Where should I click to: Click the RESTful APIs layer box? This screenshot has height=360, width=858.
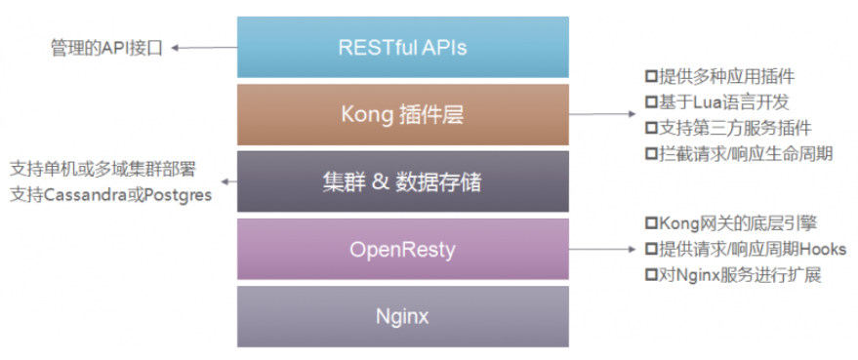(403, 47)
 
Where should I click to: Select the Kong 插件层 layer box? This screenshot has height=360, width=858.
(403, 114)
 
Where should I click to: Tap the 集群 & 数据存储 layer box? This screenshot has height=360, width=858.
(403, 181)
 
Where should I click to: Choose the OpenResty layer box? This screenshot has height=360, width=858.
(403, 250)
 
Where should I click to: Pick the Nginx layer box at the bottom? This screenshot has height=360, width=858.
(403, 317)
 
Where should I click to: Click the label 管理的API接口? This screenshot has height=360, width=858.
(107, 48)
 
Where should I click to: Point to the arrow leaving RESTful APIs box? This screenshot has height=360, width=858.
(204, 48)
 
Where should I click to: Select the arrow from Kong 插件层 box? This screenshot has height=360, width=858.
(602, 114)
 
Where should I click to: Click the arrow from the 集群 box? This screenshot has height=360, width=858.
(228, 181)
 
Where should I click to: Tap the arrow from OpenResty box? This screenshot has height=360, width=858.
(602, 250)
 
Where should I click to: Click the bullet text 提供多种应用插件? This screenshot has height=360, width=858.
(726, 77)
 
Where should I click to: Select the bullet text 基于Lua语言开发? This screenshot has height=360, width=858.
(724, 102)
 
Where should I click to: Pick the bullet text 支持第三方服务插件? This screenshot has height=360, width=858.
(735, 128)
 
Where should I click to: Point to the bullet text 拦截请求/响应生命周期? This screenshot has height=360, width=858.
(746, 154)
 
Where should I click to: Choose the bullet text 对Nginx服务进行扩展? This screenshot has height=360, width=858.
(740, 275)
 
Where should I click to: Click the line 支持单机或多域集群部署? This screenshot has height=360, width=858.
(102, 170)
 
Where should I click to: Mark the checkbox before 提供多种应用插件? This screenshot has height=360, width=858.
(651, 77)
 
